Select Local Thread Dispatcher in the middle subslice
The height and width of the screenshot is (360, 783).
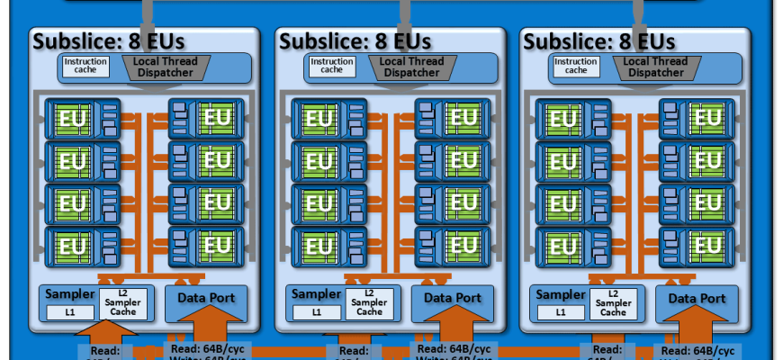pyautogui.click(x=411, y=67)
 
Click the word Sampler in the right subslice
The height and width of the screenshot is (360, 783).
pyautogui.click(x=560, y=294)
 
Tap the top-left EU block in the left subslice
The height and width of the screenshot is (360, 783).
pyautogui.click(x=80, y=119)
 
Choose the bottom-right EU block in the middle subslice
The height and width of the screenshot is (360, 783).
pyautogui.click(x=453, y=244)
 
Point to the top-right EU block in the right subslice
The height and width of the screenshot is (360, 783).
pyautogui.click(x=697, y=119)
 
